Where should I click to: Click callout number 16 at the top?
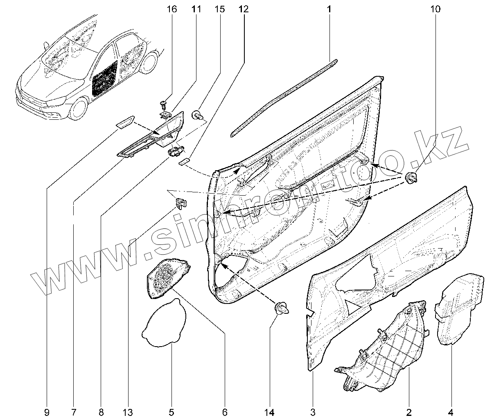click(x=172, y=9)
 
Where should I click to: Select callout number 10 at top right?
click(x=435, y=9)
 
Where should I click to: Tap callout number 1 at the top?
click(x=329, y=9)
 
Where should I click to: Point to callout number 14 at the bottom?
click(x=271, y=411)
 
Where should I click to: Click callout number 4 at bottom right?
click(x=452, y=411)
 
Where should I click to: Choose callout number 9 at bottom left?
click(x=47, y=411)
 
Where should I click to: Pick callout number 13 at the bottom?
click(x=128, y=411)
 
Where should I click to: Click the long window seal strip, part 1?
click(x=282, y=96)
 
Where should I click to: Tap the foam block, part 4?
click(x=458, y=308)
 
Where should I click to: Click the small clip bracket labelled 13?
click(x=181, y=202)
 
